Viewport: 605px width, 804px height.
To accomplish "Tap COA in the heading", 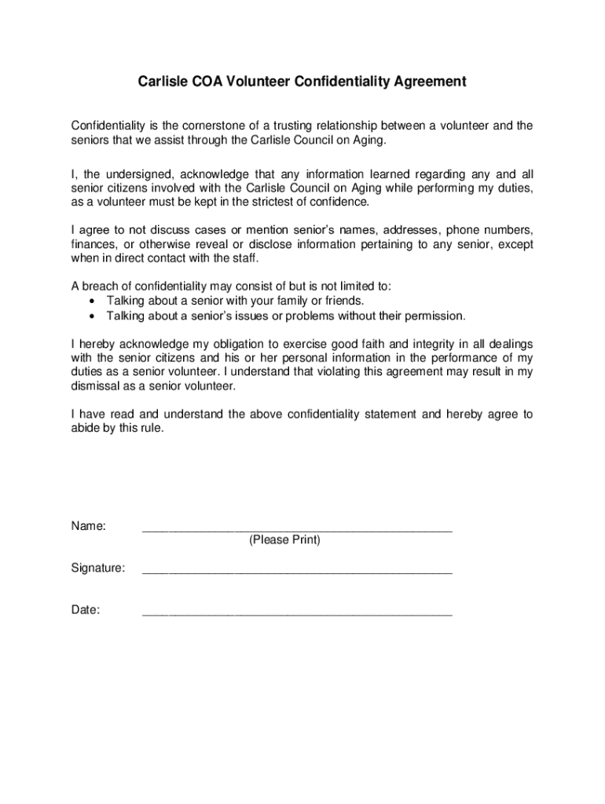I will [x=208, y=82].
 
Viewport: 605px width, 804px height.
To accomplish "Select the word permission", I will [x=434, y=316].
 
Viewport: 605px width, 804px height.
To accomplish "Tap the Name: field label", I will [x=89, y=526].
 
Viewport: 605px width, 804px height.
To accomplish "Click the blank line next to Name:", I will [x=297, y=531].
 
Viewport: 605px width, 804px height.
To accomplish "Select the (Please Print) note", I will [x=284, y=540].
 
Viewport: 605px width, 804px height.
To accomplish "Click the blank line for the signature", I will [x=297, y=573].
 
